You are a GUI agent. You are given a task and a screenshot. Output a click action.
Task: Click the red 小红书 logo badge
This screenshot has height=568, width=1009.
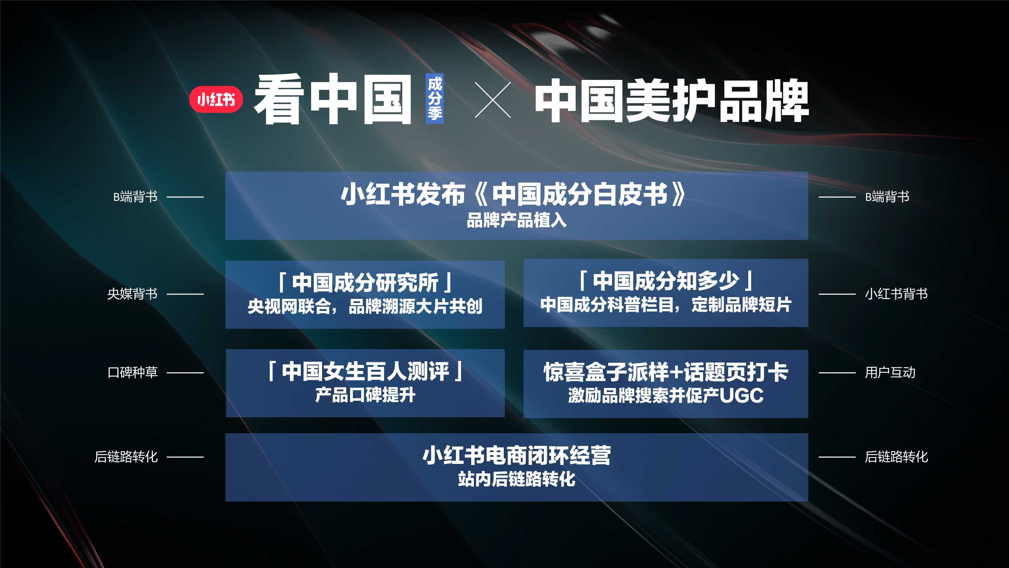pyautogui.click(x=216, y=99)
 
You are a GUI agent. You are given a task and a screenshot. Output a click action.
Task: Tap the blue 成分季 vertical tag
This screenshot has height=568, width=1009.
pyautogui.click(x=434, y=98)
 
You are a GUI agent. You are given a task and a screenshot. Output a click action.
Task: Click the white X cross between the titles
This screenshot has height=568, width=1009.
pyautogui.click(x=492, y=100)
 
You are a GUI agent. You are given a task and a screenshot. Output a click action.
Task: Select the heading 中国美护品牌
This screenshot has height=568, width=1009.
pyautogui.click(x=671, y=100)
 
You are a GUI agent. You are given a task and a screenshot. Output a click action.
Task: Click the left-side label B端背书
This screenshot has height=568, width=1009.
pyautogui.click(x=135, y=197)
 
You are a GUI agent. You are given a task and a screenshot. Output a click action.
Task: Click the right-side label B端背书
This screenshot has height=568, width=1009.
pyautogui.click(x=887, y=197)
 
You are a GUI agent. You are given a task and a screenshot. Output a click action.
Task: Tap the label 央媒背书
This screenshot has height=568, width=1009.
pyautogui.click(x=132, y=293)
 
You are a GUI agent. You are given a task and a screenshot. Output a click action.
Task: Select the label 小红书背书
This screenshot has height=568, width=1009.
pyautogui.click(x=896, y=293)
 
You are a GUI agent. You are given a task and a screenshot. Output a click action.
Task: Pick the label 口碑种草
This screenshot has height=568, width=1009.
pyautogui.click(x=132, y=372)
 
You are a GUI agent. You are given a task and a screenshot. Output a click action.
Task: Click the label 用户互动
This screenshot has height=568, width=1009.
pyautogui.click(x=890, y=372)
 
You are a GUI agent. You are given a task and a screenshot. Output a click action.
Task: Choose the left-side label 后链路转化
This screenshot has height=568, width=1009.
pyautogui.click(x=126, y=457)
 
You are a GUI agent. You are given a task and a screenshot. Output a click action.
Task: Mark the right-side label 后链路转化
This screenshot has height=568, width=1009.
pyautogui.click(x=896, y=457)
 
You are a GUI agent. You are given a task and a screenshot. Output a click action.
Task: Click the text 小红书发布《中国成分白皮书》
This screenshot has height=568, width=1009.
pyautogui.click(x=513, y=194)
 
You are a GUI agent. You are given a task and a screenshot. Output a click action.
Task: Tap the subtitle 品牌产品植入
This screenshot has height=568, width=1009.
pyautogui.click(x=517, y=220)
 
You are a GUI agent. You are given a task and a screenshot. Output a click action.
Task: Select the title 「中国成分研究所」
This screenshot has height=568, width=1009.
pyautogui.click(x=365, y=282)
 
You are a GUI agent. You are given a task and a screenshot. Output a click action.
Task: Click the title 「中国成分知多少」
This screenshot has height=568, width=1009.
pyautogui.click(x=665, y=281)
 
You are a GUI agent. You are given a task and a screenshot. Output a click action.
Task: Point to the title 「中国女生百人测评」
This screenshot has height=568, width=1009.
pyautogui.click(x=365, y=371)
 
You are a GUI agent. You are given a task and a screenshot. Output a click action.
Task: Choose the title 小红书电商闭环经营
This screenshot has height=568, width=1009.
pyautogui.click(x=517, y=456)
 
